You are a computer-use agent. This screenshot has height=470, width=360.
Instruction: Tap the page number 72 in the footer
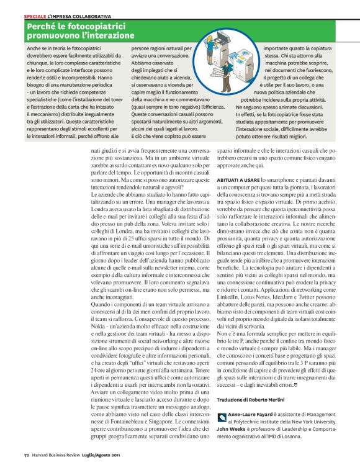pos(27,461)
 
